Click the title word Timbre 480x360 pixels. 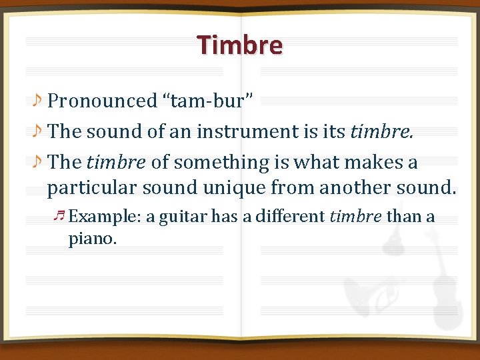[240, 45]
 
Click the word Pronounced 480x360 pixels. [102, 101]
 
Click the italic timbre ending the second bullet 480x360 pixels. [381, 131]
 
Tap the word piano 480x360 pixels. [92, 238]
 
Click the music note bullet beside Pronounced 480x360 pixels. [39, 101]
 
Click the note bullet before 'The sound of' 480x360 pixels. [39, 131]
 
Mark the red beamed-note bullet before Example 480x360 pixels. [59, 215]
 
